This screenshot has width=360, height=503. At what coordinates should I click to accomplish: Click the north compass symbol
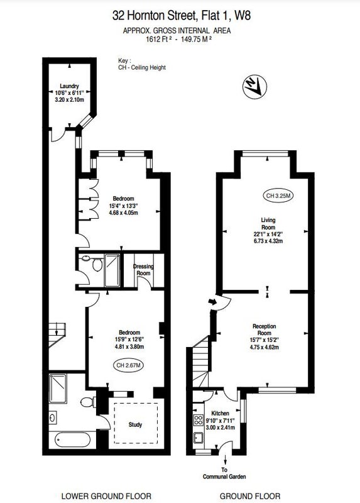(x=255, y=87)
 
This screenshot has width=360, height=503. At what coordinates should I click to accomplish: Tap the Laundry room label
(x=69, y=86)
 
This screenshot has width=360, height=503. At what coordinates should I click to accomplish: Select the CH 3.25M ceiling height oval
(x=278, y=196)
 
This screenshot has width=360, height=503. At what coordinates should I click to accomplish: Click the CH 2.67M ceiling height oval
(x=129, y=365)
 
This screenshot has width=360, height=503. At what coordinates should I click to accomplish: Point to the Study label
(x=135, y=424)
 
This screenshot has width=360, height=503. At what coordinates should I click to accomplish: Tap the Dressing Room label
(x=143, y=270)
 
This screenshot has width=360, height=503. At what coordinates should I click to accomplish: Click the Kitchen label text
(x=220, y=413)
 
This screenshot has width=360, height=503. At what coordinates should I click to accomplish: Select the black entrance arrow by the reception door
(x=212, y=302)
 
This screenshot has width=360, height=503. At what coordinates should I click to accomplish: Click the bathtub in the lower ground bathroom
(x=72, y=439)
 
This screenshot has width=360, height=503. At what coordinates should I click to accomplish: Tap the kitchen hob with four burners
(x=199, y=420)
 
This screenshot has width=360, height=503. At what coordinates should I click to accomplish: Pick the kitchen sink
(x=199, y=437)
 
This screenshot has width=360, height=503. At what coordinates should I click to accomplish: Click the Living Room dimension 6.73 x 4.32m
(x=268, y=241)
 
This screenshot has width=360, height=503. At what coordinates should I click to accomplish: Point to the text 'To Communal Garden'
(x=224, y=473)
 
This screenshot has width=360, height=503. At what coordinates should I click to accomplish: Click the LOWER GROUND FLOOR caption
(x=106, y=496)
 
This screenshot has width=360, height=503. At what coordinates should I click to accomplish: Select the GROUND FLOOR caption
(x=250, y=496)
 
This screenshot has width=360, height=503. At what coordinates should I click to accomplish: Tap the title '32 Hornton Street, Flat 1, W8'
(x=182, y=15)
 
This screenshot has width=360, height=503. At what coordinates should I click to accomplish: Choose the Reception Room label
(x=264, y=329)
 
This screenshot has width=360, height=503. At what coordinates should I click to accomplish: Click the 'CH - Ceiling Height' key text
(x=142, y=67)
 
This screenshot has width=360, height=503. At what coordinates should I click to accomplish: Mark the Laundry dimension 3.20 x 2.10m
(x=70, y=99)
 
